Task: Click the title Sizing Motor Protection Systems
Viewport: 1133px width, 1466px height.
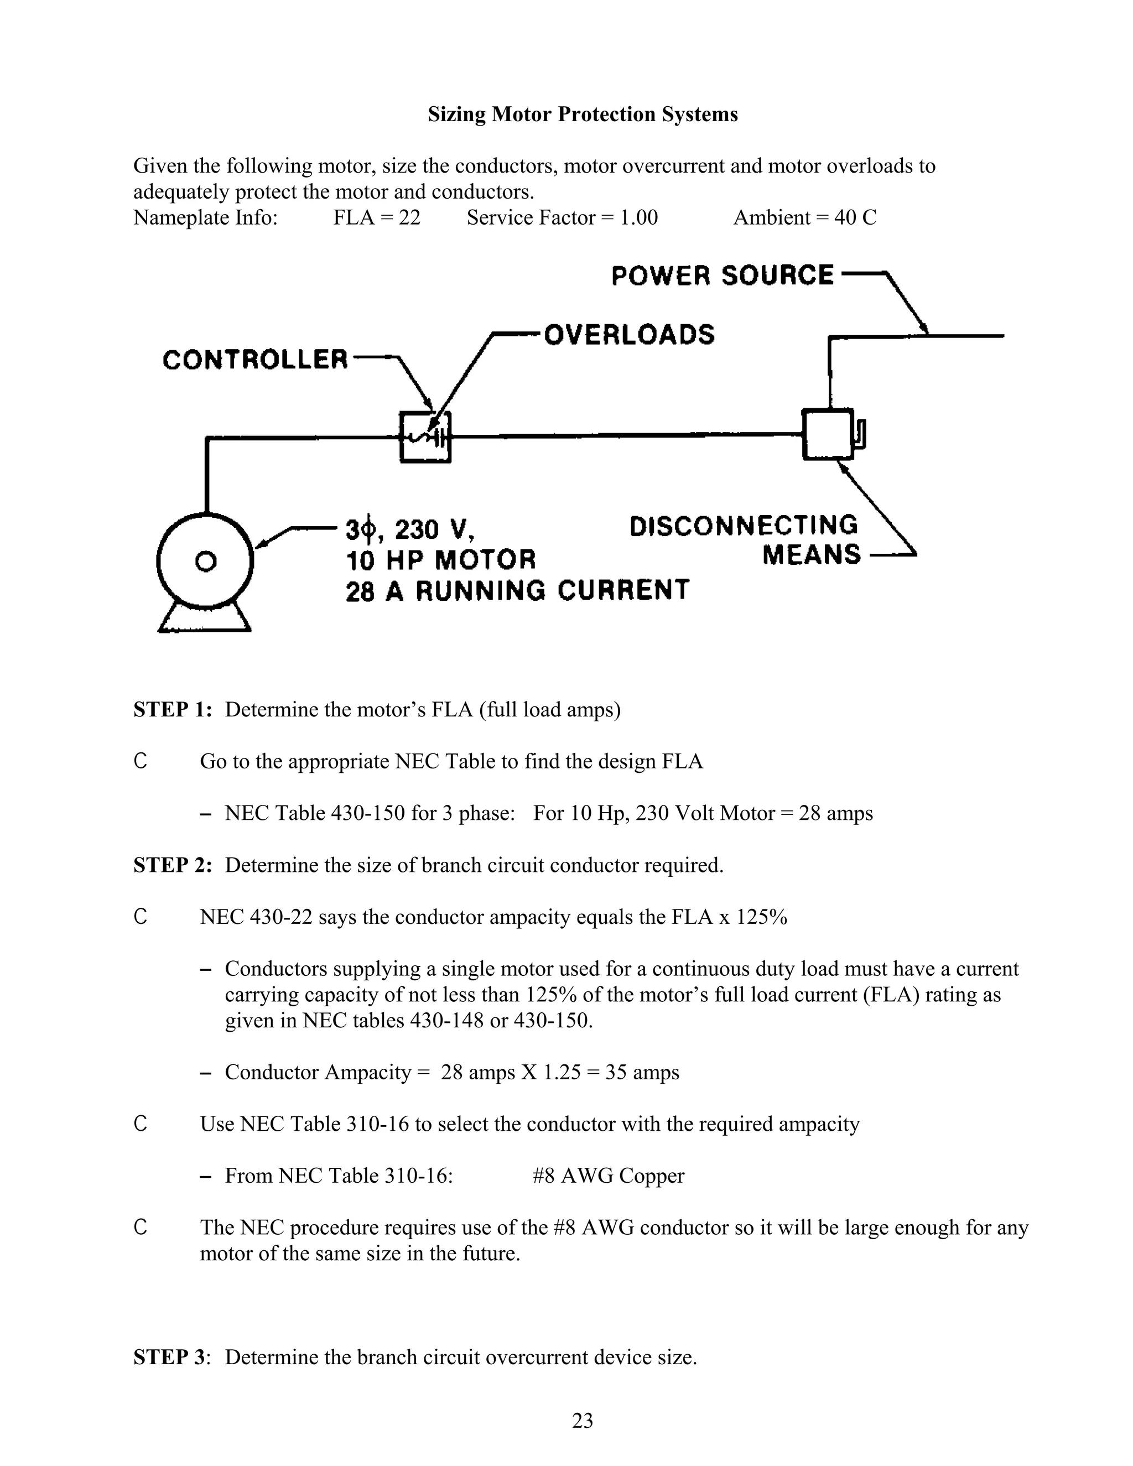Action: tap(583, 114)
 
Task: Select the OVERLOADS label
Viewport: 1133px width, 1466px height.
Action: tap(629, 334)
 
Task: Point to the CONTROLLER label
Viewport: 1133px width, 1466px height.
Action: tap(256, 360)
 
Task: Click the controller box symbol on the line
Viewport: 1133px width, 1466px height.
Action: tap(425, 437)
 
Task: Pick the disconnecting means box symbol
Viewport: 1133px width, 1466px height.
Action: tap(828, 434)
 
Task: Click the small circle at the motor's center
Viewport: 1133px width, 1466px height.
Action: tap(205, 560)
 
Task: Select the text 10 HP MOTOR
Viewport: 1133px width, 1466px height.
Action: tap(441, 560)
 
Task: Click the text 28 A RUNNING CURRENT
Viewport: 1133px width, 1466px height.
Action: tap(517, 590)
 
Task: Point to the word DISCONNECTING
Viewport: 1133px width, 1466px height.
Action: tap(744, 526)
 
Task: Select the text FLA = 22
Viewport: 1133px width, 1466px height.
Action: tap(377, 217)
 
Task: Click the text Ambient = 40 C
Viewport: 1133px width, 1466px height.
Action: tap(805, 217)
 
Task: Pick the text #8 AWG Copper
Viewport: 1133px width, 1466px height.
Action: tap(608, 1176)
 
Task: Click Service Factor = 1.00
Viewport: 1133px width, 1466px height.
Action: tap(563, 217)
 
